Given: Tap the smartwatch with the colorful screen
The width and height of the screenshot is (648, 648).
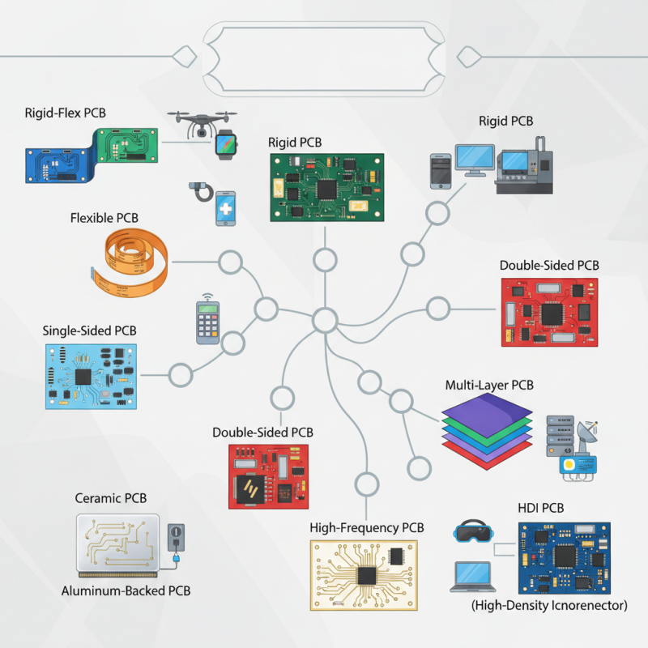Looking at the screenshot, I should coord(227,144).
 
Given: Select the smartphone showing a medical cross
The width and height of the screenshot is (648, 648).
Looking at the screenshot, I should coord(227,209).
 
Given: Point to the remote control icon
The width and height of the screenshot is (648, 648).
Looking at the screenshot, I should coord(208,322).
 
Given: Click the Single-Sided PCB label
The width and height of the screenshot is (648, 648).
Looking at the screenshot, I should coord(89,330).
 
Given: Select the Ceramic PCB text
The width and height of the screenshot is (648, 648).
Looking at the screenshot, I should coord(111,498).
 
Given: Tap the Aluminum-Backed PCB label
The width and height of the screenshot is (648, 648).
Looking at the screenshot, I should coord(126,590).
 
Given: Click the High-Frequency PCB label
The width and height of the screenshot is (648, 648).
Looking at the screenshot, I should coord(367,528).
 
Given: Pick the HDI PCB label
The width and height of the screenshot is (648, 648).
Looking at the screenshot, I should coord(540,508).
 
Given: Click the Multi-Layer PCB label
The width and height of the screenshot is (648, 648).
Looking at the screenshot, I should coord(489,386).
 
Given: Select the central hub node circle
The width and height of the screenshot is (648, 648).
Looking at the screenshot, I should coord(325,320).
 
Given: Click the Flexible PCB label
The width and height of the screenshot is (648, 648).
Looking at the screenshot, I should coord(104,218).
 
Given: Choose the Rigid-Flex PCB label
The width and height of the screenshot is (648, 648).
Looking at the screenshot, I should coord(65,113).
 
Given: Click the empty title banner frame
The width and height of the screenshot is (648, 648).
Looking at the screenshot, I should coord(324,56).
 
